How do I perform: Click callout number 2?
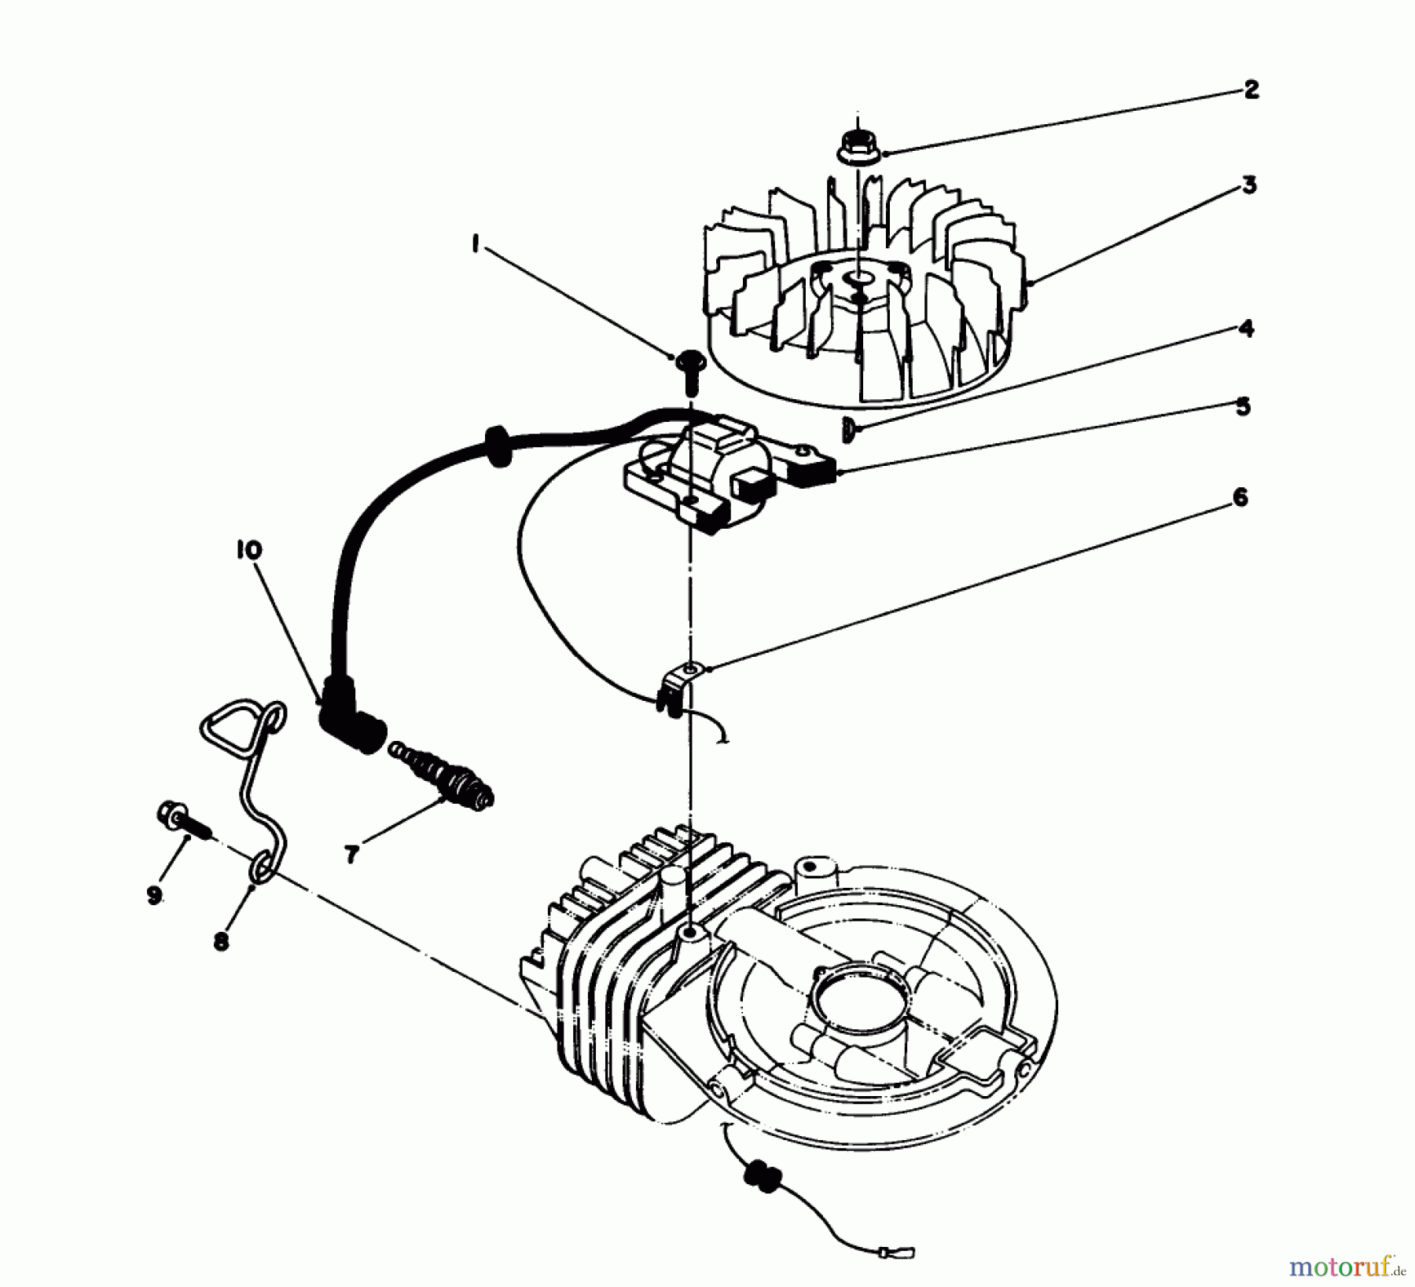(1251, 90)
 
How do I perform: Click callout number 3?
(1249, 185)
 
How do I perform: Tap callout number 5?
(1242, 407)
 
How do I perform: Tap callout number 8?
(222, 940)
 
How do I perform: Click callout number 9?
(153, 894)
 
